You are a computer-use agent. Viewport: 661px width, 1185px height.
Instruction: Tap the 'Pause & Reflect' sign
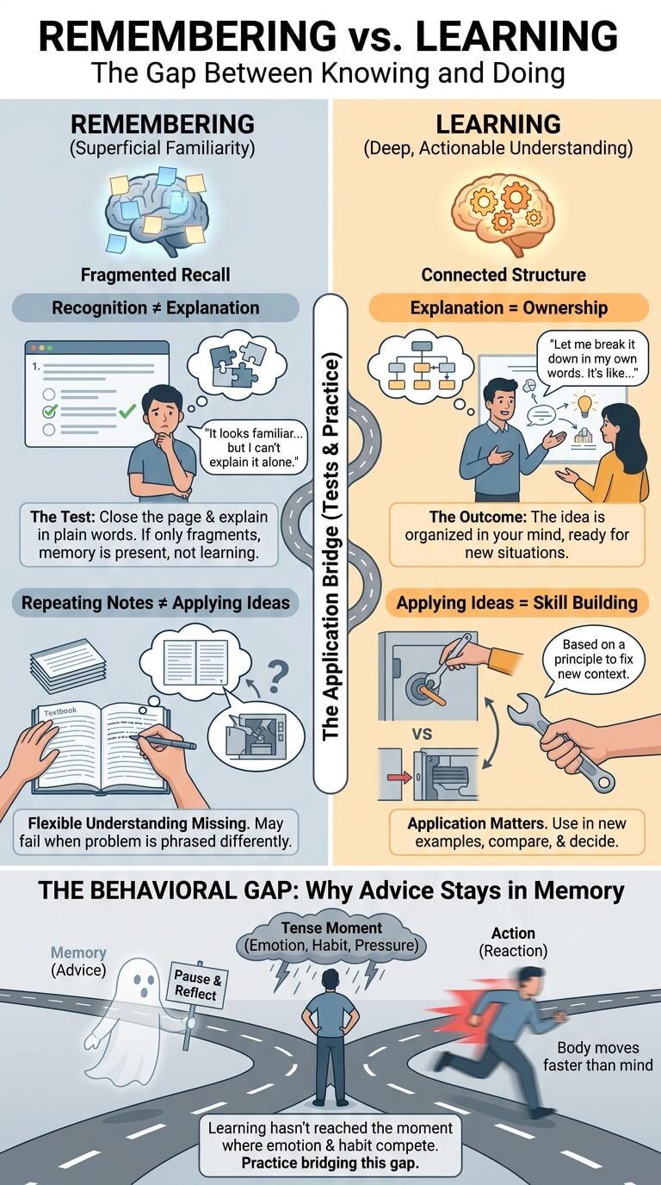[x=198, y=985]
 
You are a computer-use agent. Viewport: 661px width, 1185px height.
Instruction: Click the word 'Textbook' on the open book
[x=60, y=711]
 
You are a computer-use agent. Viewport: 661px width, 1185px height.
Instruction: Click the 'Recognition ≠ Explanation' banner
[x=156, y=308]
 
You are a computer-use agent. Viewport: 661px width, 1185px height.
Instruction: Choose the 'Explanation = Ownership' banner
[x=509, y=308]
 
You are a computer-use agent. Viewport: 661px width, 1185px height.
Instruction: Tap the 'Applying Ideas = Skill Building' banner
[x=516, y=603]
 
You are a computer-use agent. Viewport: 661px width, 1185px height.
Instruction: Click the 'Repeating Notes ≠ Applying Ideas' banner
[x=156, y=603]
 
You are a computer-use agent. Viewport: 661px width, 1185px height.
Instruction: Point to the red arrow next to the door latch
[x=399, y=777]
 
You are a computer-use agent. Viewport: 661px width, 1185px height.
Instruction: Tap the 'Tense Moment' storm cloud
[x=331, y=938]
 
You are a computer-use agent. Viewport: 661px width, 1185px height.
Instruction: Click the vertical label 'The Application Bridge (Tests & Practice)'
[x=330, y=548]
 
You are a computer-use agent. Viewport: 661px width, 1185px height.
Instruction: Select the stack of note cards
[x=68, y=666]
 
